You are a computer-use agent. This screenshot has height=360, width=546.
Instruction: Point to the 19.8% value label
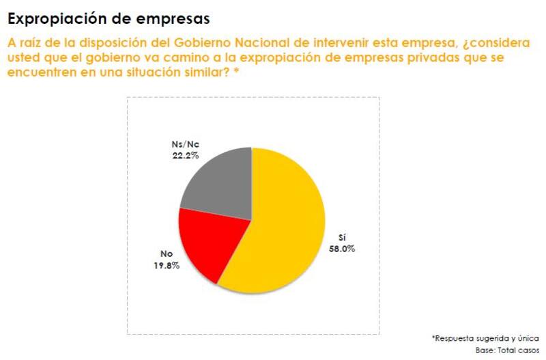click(166, 265)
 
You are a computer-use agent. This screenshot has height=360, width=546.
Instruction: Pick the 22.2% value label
click(185, 156)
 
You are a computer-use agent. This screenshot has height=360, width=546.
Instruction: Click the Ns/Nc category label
click(185, 146)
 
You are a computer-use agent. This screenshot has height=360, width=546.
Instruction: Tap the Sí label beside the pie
click(343, 238)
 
